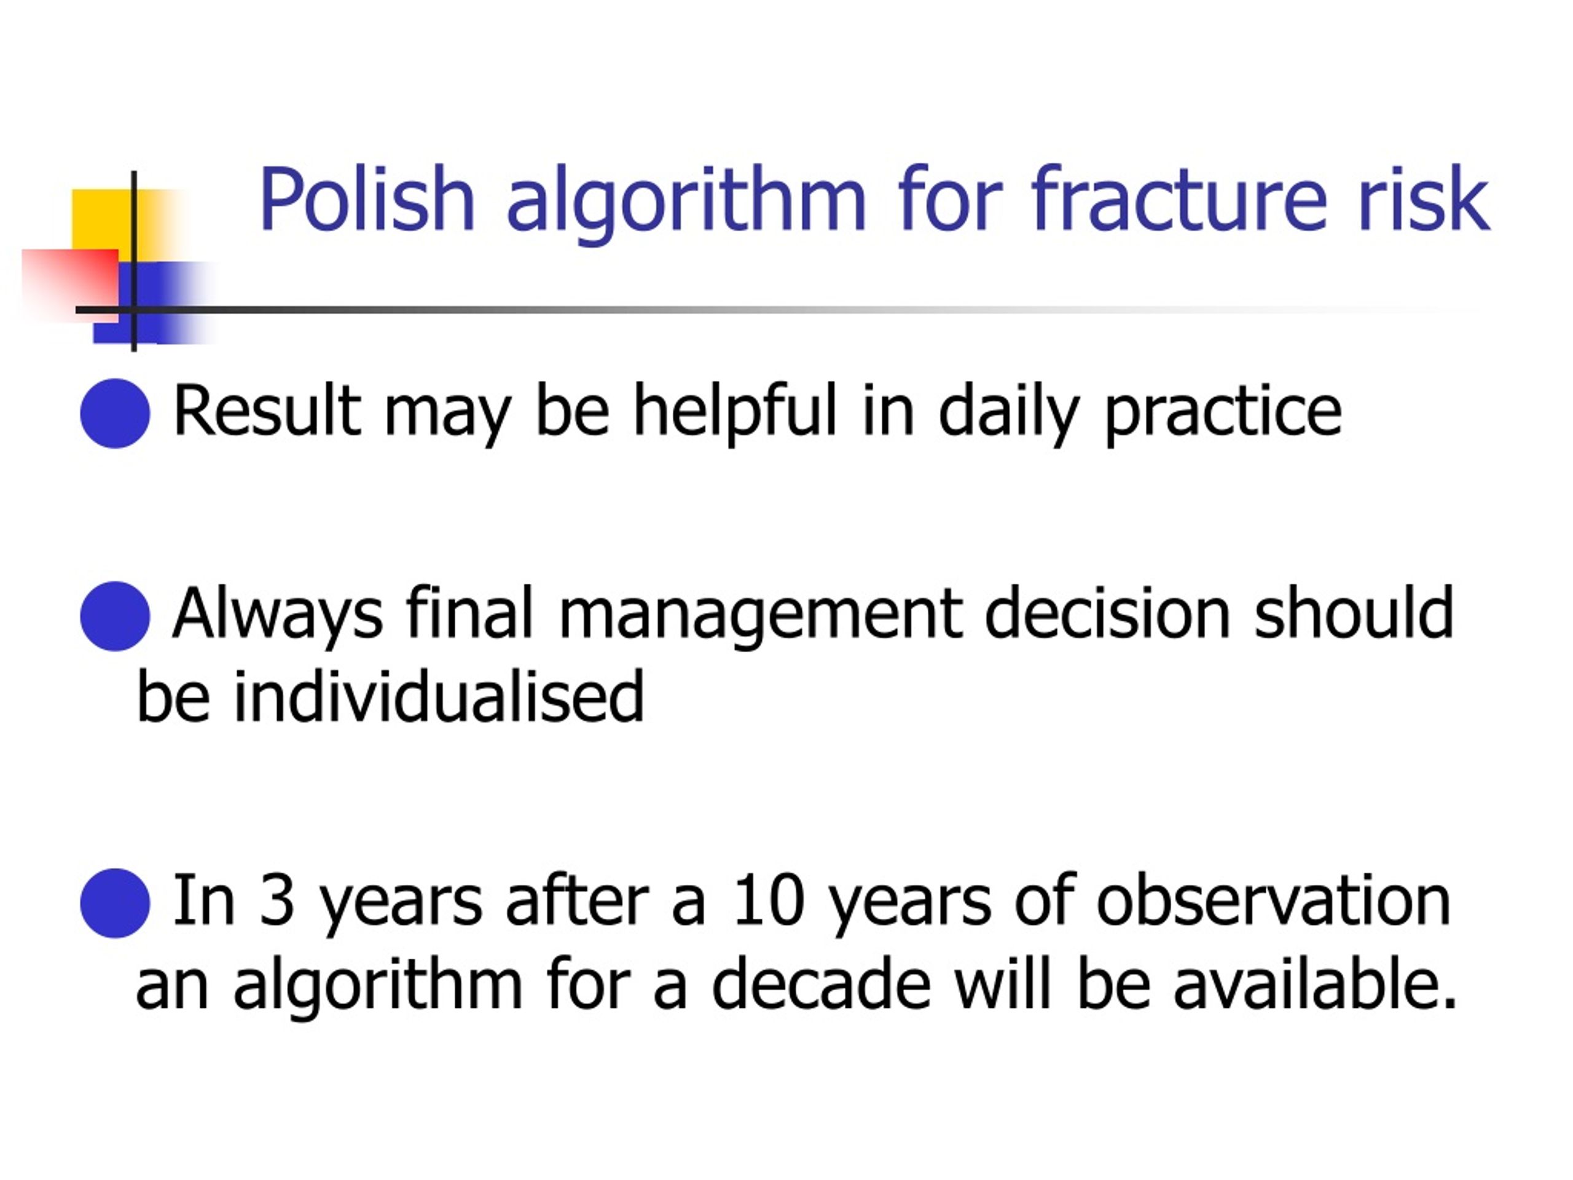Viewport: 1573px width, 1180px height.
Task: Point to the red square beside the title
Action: [69, 285]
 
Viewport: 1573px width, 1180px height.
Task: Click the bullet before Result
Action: [115, 413]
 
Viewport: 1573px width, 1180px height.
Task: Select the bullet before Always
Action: [115, 616]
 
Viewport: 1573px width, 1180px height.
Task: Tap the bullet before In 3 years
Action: [115, 903]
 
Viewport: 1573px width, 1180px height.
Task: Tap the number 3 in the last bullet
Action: [277, 900]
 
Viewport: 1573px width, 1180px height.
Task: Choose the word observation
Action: [1273, 899]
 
